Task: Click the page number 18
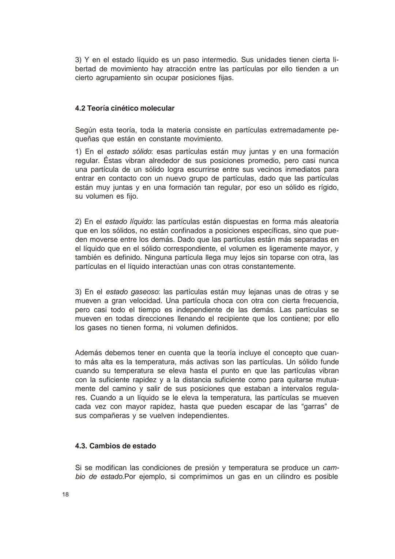pos(65,495)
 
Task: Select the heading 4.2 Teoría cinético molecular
pos(124,108)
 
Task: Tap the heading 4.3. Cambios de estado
pos(115,446)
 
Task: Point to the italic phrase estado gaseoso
pos(132,292)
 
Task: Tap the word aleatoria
pos(320,222)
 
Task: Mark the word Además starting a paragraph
pos(88,353)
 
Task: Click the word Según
pos(85,130)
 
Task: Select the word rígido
pos(326,187)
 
